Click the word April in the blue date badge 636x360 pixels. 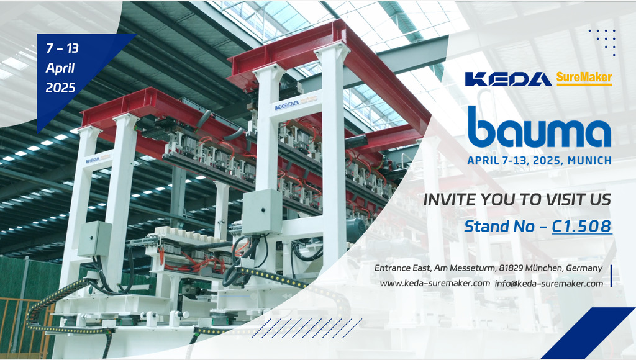click(60, 68)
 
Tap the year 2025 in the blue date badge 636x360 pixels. click(60, 88)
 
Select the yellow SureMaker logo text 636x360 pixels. click(584, 78)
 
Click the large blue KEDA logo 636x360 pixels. click(508, 79)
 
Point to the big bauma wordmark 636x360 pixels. click(539, 127)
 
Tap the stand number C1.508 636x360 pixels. click(581, 227)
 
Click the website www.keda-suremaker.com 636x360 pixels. click(435, 284)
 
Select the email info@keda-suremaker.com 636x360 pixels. click(549, 284)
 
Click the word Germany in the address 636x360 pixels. click(584, 268)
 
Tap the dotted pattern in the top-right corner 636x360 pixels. click(602, 42)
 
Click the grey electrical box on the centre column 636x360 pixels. click(262, 212)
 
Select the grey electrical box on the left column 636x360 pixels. click(94, 239)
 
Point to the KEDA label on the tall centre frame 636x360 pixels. click(287, 105)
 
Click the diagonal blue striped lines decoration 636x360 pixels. click(306, 328)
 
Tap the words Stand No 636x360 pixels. click(499, 227)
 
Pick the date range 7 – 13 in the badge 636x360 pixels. click(63, 48)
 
